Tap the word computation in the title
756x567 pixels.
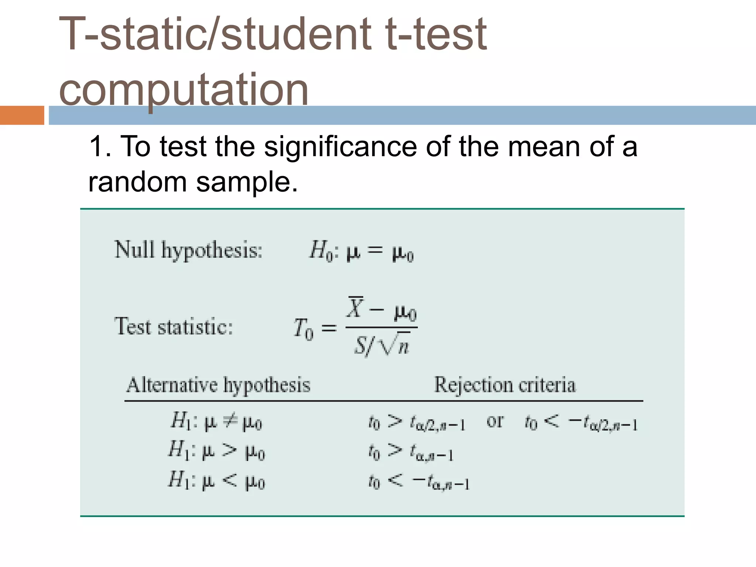click(x=183, y=89)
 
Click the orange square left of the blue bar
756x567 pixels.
click(x=22, y=115)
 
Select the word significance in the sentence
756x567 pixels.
click(x=341, y=147)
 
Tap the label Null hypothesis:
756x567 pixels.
click(x=188, y=250)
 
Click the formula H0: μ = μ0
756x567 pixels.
click(x=361, y=251)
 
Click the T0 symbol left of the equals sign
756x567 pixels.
click(x=303, y=329)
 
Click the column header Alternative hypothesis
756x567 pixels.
click(x=218, y=385)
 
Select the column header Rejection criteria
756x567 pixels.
click(x=505, y=385)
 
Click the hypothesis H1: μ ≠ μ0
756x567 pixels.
click(x=216, y=421)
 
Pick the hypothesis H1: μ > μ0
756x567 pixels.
click(x=217, y=451)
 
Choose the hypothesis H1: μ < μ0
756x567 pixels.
click(x=217, y=481)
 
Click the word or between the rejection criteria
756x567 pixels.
click(x=495, y=421)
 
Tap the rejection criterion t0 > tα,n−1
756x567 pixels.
click(x=411, y=452)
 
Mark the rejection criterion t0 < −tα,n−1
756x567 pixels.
click(x=419, y=482)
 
